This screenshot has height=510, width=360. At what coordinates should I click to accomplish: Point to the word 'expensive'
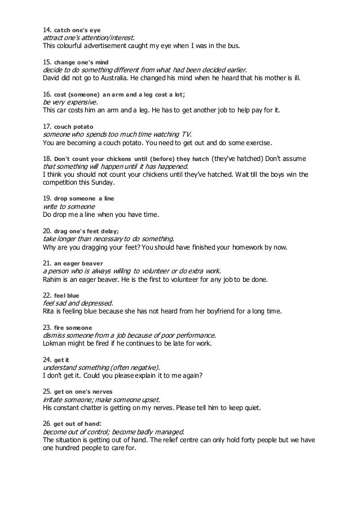tap(81, 102)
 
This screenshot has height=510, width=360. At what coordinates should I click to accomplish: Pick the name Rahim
tap(54, 279)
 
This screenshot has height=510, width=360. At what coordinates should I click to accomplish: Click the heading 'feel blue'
tap(67, 295)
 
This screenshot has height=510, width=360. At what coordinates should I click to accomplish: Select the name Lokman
tap(56, 343)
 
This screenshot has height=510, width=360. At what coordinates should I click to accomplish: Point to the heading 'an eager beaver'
tap(78, 263)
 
